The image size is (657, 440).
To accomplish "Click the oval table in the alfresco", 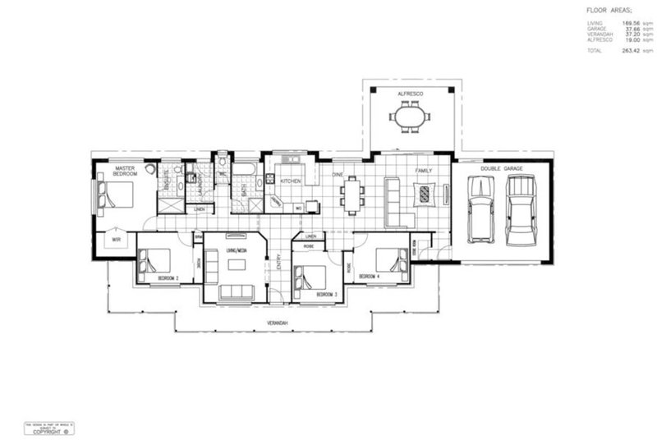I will pyautogui.click(x=410, y=120).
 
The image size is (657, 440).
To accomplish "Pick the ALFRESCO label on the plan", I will pyautogui.click(x=410, y=95).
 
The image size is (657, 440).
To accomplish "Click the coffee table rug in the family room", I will pyautogui.click(x=424, y=195).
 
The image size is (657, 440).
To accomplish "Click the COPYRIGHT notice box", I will pyautogui.click(x=49, y=428).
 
